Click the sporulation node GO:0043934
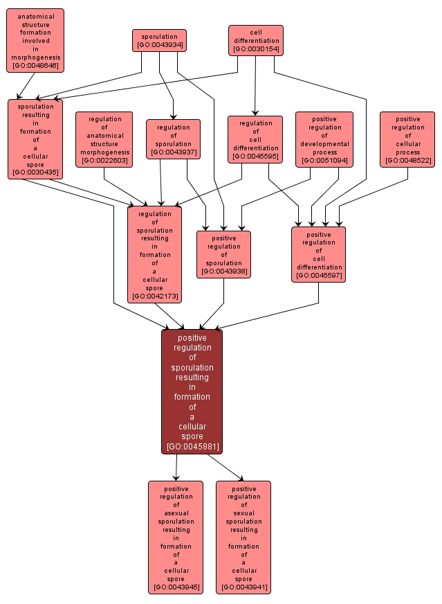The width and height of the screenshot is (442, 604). (x=159, y=40)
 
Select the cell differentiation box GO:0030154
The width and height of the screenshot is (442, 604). (x=256, y=40)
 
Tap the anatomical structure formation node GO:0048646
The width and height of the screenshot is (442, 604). (x=35, y=40)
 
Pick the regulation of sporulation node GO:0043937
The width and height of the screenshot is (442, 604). (x=173, y=139)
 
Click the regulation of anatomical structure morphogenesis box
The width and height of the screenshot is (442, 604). (x=104, y=139)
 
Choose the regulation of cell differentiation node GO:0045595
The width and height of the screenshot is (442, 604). (x=255, y=139)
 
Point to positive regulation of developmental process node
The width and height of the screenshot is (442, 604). (x=324, y=139)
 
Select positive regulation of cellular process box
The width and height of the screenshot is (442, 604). (x=407, y=139)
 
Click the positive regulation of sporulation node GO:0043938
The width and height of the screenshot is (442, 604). (x=223, y=254)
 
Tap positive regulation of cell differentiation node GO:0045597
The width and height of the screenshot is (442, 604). (x=318, y=254)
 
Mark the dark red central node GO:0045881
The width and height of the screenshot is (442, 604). (x=192, y=391)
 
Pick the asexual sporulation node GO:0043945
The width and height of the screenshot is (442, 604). (x=176, y=537)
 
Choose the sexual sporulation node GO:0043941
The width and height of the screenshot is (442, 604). (x=243, y=537)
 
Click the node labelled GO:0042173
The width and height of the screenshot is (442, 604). (x=154, y=254)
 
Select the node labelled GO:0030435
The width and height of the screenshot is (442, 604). (x=35, y=139)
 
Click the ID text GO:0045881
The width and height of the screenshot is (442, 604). (x=192, y=446)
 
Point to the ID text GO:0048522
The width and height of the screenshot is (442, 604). (x=407, y=161)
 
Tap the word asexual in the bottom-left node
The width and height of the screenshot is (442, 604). (x=176, y=513)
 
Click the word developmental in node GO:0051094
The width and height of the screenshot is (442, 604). (x=324, y=143)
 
